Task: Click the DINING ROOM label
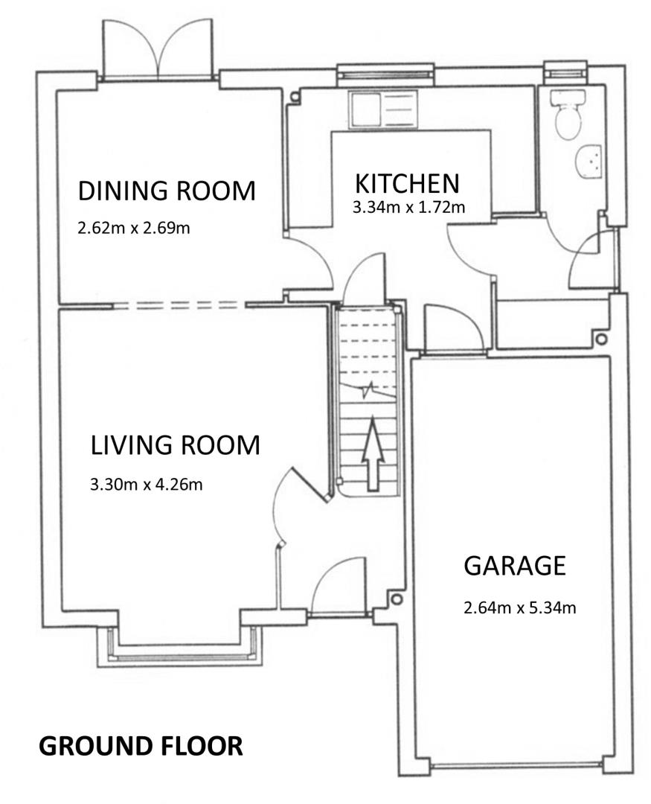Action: (x=167, y=191)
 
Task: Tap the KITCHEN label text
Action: (x=408, y=184)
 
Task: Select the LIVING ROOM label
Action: (x=176, y=445)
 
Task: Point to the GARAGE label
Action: (x=515, y=566)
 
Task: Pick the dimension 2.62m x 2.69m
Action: (x=134, y=228)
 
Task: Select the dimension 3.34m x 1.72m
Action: (x=408, y=207)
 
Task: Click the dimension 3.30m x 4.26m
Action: (x=146, y=484)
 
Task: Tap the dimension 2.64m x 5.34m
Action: (x=520, y=607)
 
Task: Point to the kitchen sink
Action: (x=383, y=109)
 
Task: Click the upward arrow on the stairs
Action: (x=372, y=454)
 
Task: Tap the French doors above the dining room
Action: (x=158, y=50)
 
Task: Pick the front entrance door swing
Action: (x=339, y=584)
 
